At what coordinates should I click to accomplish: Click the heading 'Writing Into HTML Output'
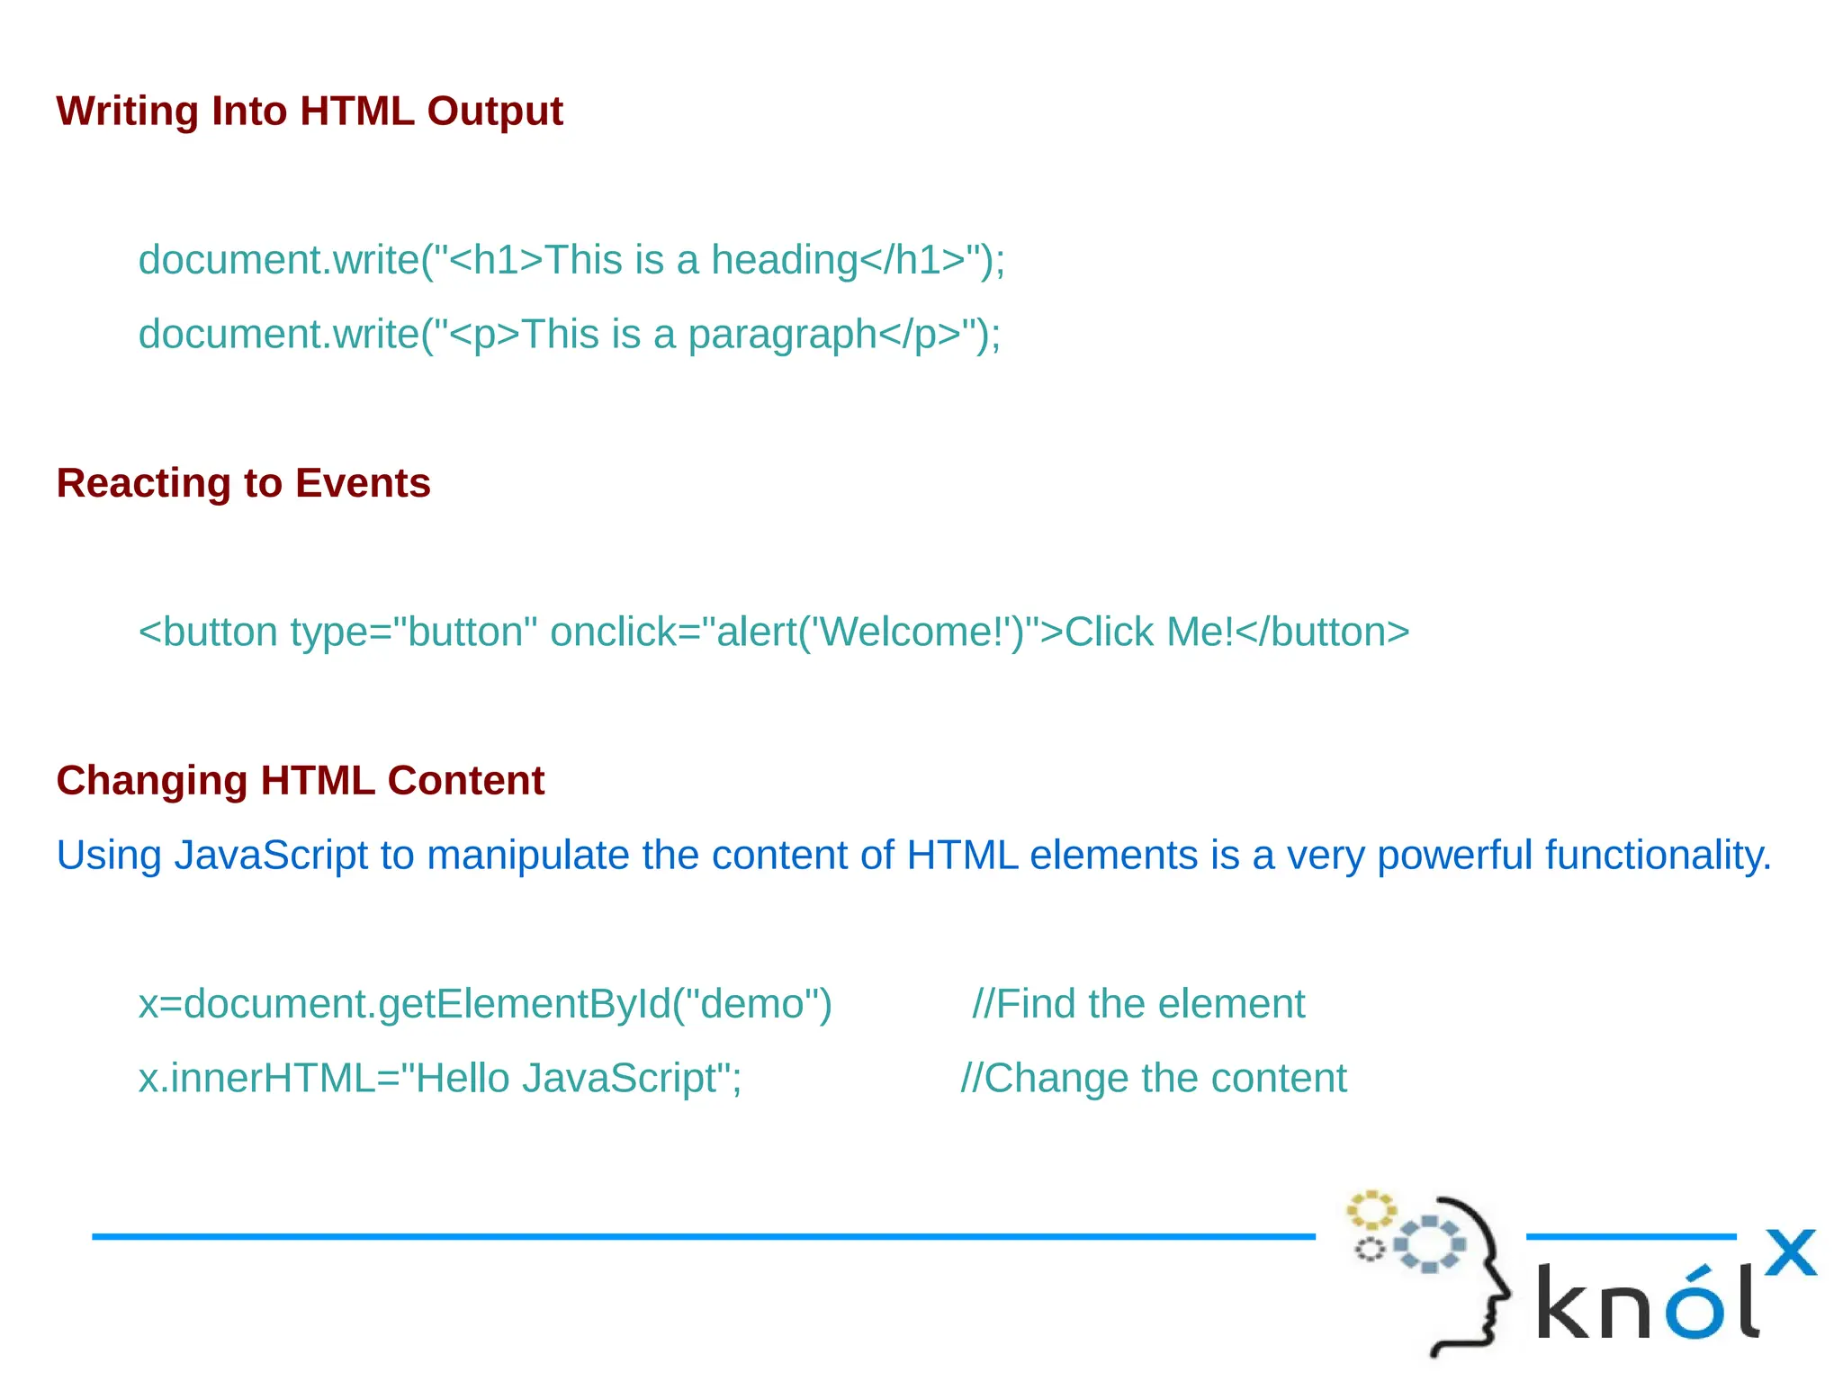pyautogui.click(x=309, y=112)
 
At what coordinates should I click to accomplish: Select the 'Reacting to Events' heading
pyautogui.click(x=243, y=483)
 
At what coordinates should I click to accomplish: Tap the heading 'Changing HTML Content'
pyautogui.click(x=300, y=780)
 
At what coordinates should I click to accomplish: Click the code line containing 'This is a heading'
pyautogui.click(x=571, y=260)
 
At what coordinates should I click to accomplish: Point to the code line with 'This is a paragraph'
pyautogui.click(x=569, y=335)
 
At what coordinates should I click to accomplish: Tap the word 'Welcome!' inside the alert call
pyautogui.click(x=917, y=632)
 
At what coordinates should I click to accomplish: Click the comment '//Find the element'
pyautogui.click(x=1138, y=1004)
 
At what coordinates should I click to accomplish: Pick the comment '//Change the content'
pyautogui.click(x=1153, y=1078)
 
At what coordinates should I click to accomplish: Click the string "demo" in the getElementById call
pyautogui.click(x=751, y=1004)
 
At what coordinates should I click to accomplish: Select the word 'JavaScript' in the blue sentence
pyautogui.click(x=271, y=855)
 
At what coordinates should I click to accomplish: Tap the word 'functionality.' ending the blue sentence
pyautogui.click(x=1658, y=855)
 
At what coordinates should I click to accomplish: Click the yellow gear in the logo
pyautogui.click(x=1371, y=1210)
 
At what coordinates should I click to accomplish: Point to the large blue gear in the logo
pyautogui.click(x=1429, y=1244)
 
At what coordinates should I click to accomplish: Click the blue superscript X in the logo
pyautogui.click(x=1790, y=1252)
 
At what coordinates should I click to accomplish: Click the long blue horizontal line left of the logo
pyautogui.click(x=702, y=1237)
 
